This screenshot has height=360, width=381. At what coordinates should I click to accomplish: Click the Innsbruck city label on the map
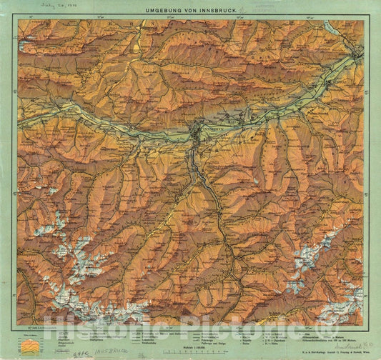[x=214, y=123]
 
